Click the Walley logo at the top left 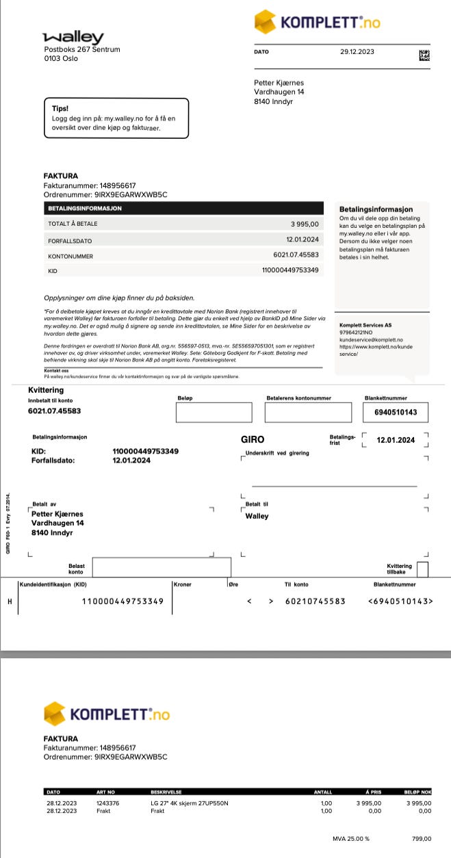[x=73, y=38]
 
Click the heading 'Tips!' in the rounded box [x=60, y=108]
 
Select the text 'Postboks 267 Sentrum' [x=82, y=49]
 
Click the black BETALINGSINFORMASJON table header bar [x=183, y=208]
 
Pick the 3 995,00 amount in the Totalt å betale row [x=305, y=224]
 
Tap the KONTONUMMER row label [x=70, y=257]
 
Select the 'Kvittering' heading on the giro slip [x=47, y=390]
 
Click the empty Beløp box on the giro [x=214, y=413]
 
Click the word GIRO [x=253, y=439]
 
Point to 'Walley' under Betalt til [x=257, y=516]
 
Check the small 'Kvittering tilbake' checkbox [x=422, y=569]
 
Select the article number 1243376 [x=108, y=803]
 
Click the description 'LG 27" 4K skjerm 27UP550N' [x=189, y=803]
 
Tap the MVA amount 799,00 [x=421, y=839]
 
